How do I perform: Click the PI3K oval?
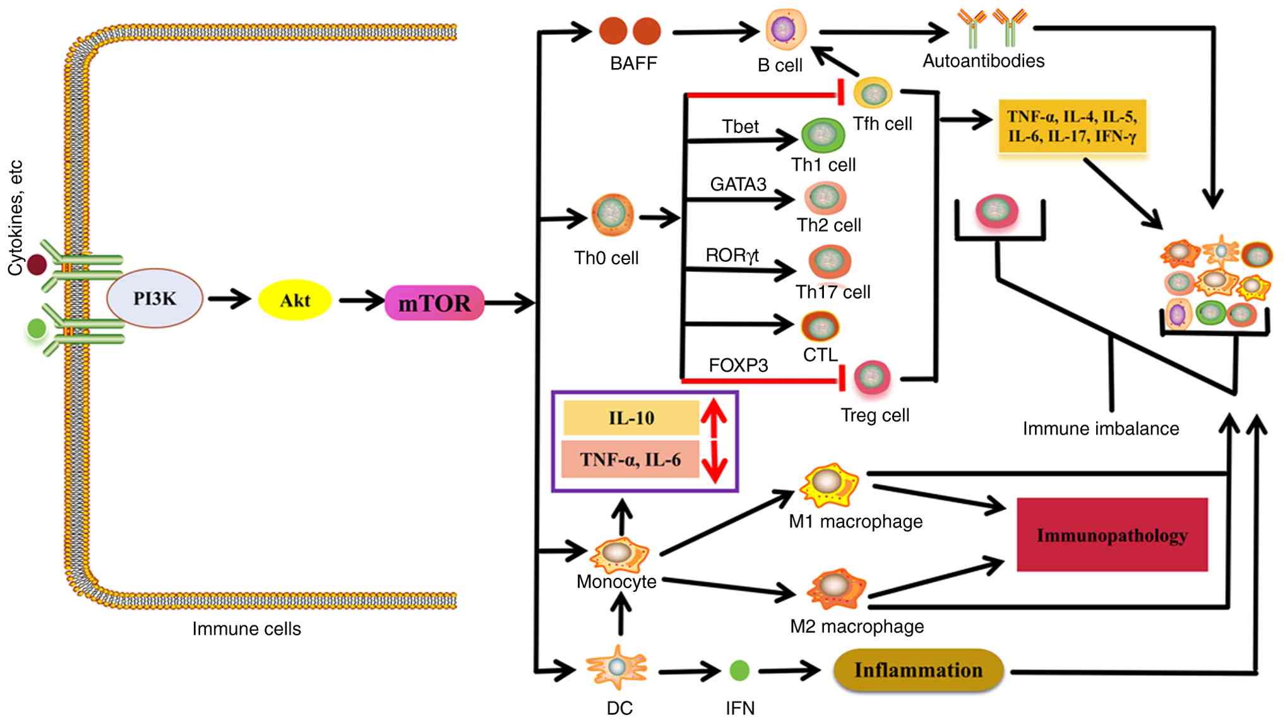[155, 298]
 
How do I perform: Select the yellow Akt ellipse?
[295, 301]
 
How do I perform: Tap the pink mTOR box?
[434, 303]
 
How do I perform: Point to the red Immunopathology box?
[1112, 535]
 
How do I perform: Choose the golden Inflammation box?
[918, 670]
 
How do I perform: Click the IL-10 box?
[631, 418]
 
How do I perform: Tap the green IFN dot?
[739, 671]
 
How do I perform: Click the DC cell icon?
[617, 667]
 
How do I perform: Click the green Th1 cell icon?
[823, 134]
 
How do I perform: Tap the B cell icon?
[785, 29]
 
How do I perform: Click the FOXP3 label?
[738, 365]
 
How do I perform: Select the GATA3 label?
[738, 184]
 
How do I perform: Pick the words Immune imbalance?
[1101, 429]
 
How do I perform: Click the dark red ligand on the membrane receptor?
[37, 264]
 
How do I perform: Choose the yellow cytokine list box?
[1071, 126]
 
